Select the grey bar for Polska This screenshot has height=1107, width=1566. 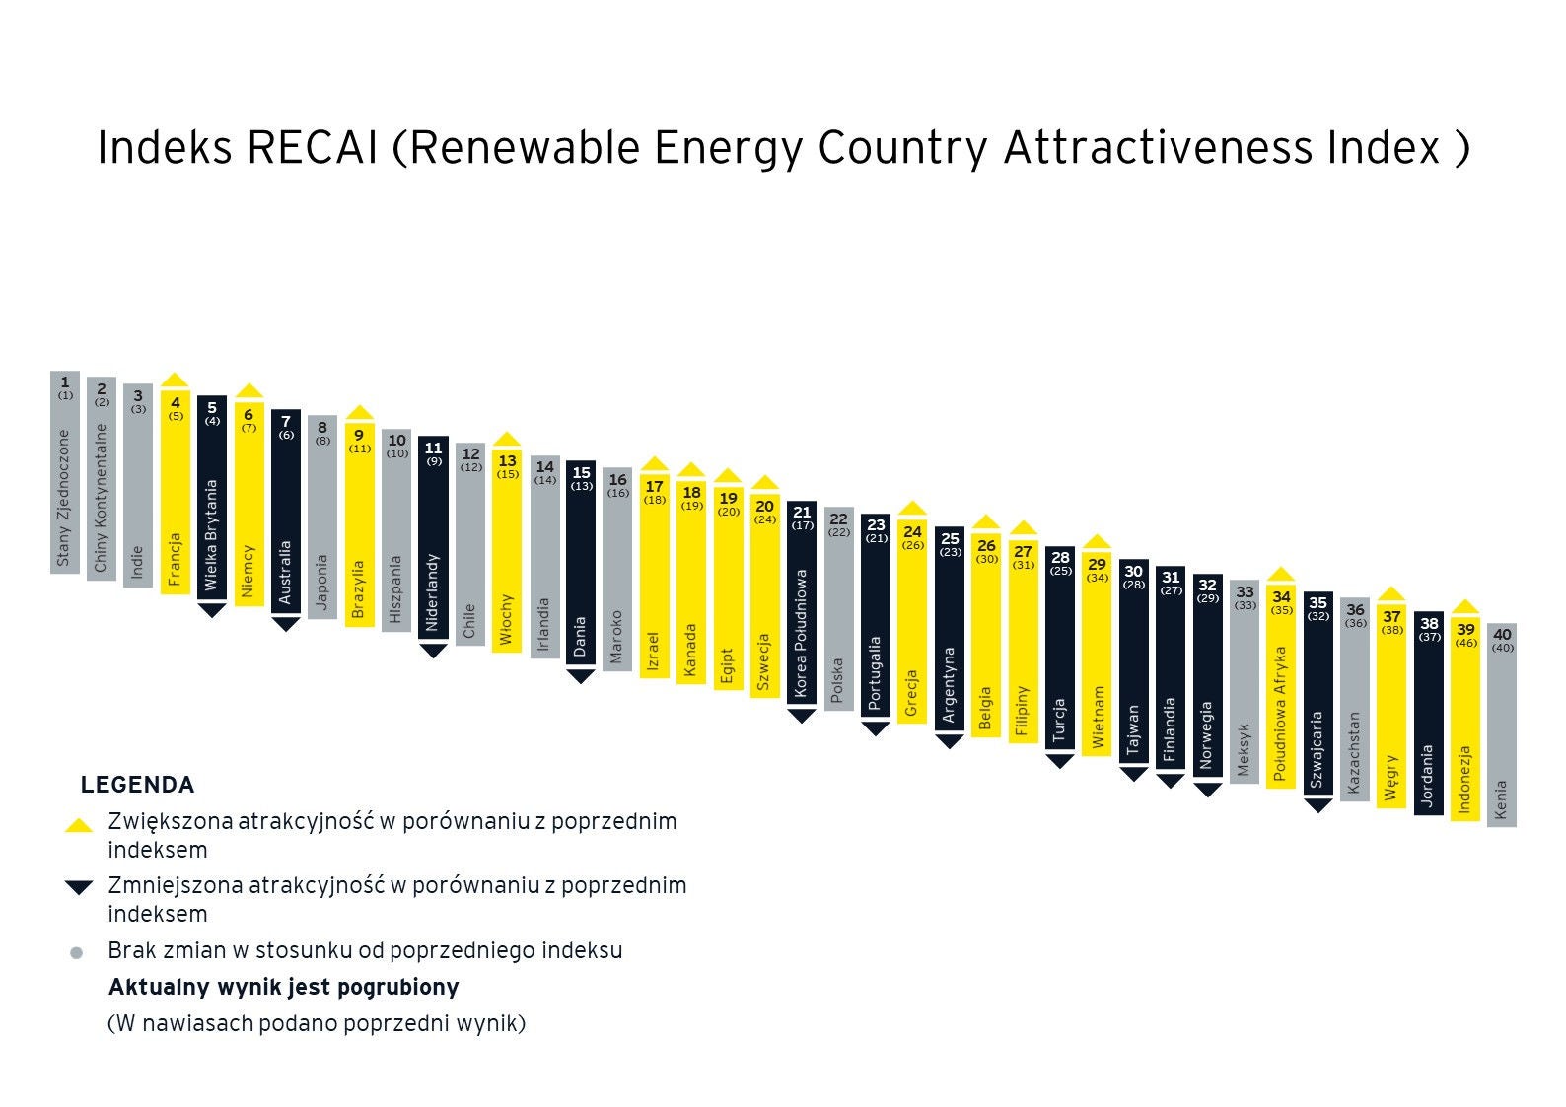click(838, 611)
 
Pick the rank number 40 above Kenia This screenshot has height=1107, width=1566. click(1502, 634)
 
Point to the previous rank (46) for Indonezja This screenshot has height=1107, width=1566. click(1465, 643)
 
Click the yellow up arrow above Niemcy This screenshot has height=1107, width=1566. click(249, 390)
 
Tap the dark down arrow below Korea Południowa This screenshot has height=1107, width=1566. click(802, 716)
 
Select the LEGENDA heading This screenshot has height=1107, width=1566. click(137, 785)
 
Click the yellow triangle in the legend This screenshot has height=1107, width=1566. click(78, 825)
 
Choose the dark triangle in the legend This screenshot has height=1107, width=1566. click(78, 887)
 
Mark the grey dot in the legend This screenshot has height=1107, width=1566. click(77, 953)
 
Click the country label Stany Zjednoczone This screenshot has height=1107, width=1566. click(64, 498)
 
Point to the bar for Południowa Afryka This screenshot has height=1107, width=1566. click(1281, 690)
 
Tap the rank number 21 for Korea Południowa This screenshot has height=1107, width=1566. click(802, 512)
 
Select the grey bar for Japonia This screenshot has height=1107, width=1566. click(321, 522)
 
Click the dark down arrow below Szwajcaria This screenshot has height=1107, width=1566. click(1317, 805)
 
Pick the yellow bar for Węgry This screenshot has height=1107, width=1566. click(1391, 710)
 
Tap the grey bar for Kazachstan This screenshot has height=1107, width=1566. click(1355, 710)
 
